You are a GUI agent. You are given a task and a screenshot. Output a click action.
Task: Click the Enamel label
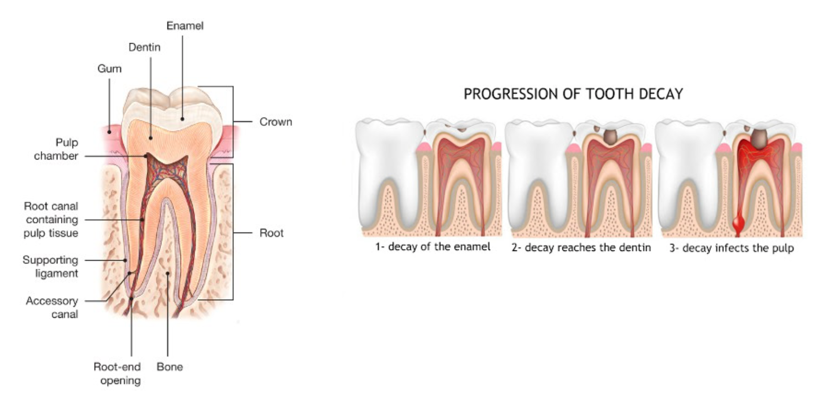click(x=185, y=26)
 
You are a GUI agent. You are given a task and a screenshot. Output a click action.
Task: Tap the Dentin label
click(x=144, y=47)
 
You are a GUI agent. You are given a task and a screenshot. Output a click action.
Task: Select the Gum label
click(x=109, y=69)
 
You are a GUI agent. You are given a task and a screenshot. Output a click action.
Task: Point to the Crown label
click(x=276, y=122)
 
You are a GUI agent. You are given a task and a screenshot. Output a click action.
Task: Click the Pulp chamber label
click(x=56, y=149)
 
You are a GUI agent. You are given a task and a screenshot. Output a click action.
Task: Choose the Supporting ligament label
click(x=50, y=266)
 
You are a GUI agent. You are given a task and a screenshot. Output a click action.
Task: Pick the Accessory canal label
click(x=52, y=307)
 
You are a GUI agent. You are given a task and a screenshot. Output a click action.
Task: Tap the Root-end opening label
click(x=117, y=373)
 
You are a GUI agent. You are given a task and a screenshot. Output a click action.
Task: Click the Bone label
click(x=170, y=367)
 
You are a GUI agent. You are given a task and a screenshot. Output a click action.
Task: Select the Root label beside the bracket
click(x=271, y=233)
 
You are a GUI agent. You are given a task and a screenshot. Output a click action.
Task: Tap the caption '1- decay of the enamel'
click(x=433, y=247)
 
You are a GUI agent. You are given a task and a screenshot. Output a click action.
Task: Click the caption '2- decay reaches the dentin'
click(x=581, y=247)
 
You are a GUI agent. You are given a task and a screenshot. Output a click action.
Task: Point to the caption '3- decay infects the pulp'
click(x=731, y=248)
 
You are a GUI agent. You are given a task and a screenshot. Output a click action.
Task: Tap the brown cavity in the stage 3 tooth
click(x=759, y=137)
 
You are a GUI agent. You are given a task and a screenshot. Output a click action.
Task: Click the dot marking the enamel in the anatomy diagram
click(x=183, y=119)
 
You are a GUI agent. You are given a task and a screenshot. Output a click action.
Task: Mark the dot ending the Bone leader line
click(x=168, y=273)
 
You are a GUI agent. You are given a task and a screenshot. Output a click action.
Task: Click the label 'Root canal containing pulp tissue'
click(x=51, y=219)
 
